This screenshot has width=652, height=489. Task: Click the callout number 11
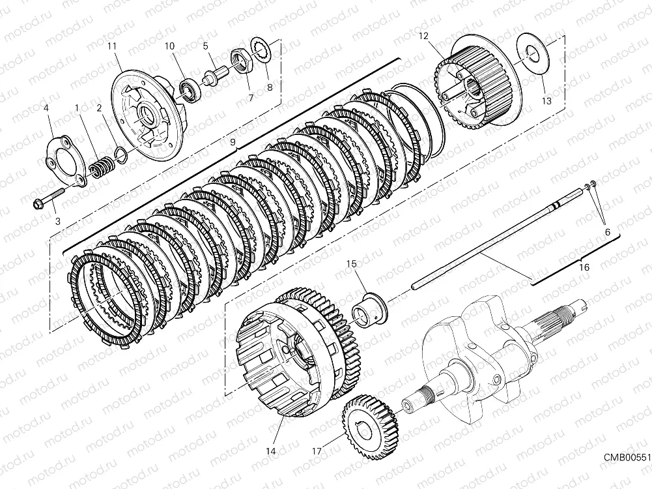click(112, 46)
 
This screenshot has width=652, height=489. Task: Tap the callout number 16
click(584, 268)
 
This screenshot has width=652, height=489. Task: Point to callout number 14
click(270, 451)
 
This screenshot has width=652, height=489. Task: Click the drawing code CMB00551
click(626, 458)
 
